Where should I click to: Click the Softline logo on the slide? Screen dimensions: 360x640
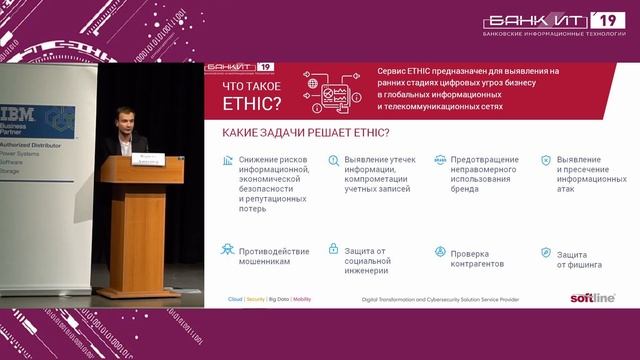pos(593,297)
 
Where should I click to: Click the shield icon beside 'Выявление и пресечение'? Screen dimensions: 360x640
pos(546,160)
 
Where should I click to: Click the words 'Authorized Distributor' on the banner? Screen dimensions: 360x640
pos(35,146)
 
